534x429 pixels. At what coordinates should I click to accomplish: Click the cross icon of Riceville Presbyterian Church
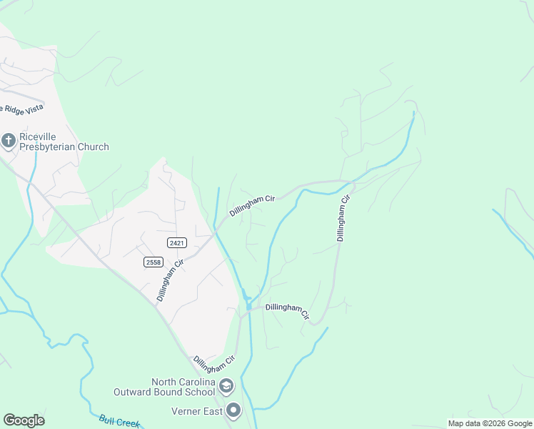click(x=9, y=140)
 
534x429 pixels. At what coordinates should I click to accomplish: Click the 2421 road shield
click(x=177, y=243)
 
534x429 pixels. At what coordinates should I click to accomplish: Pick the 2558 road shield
click(x=153, y=262)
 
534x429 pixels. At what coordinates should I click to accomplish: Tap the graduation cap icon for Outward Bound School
click(x=227, y=387)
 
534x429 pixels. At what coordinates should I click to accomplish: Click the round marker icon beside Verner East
click(x=233, y=410)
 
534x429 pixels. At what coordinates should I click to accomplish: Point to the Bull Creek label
click(x=119, y=422)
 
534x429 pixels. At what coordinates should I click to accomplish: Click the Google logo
click(x=24, y=420)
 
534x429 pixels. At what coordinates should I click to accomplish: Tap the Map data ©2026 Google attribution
click(x=490, y=423)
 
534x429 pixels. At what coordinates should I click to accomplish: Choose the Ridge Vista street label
click(x=23, y=109)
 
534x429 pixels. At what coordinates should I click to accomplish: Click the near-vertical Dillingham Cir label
click(x=343, y=218)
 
